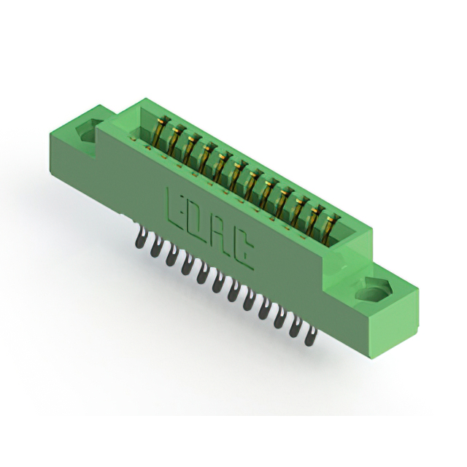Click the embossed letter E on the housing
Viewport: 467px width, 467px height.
(x=176, y=209)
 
